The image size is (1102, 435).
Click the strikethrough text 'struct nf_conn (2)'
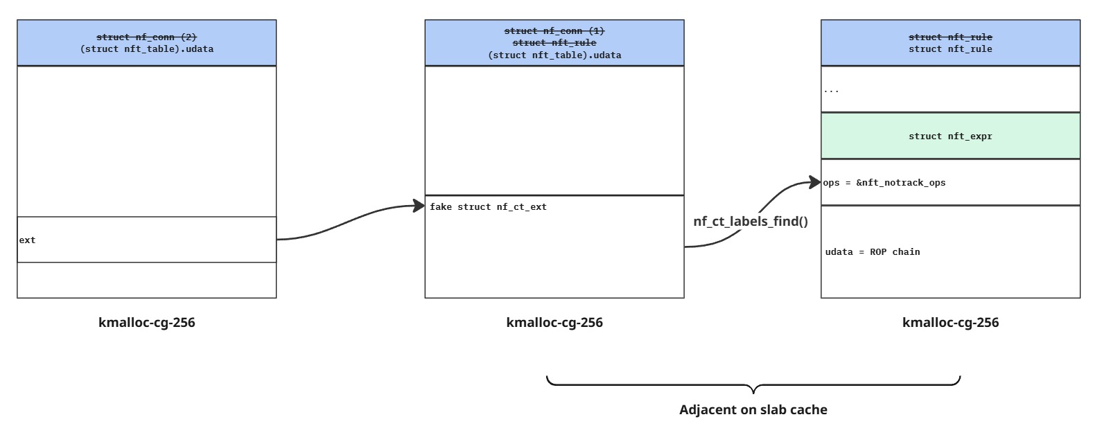coord(147,37)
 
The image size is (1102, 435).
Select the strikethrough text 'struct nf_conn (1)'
coord(554,31)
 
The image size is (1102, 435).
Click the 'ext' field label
coord(27,240)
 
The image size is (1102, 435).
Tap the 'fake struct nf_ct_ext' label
coord(488,207)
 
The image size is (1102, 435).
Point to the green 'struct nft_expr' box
coord(950,136)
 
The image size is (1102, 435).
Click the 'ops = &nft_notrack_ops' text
coord(884,182)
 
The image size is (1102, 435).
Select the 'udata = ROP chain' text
coord(873,251)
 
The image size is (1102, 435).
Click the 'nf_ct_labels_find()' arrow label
coord(751,221)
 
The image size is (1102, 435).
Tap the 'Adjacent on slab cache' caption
coord(753,409)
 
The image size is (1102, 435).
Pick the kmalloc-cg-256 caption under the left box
coord(147,323)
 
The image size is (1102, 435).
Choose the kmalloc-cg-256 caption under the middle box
coord(554,323)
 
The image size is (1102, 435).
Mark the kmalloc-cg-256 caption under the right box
coord(950,323)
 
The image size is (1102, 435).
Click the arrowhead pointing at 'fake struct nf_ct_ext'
coord(419,206)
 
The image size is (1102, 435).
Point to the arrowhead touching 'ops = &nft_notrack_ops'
coord(815,182)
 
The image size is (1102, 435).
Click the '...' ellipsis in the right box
coord(831,91)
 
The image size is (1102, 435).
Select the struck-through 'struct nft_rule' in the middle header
coord(554,43)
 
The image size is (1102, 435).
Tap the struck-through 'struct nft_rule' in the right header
coord(950,37)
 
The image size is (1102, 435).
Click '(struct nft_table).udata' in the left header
coord(147,49)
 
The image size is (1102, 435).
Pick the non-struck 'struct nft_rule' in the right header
coord(950,49)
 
